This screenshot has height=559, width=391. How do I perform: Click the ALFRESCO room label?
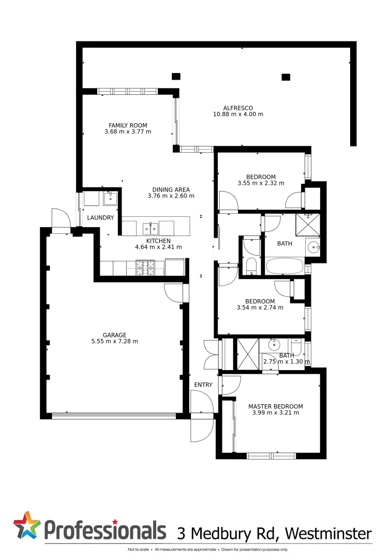(x=238, y=108)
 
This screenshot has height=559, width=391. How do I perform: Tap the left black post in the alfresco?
(x=176, y=77)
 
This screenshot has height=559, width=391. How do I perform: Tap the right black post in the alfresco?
(x=285, y=77)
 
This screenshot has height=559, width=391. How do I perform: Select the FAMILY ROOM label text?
(x=128, y=125)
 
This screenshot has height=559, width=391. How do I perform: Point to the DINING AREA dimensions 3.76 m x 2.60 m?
(x=171, y=196)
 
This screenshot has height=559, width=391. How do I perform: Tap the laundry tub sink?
(x=111, y=198)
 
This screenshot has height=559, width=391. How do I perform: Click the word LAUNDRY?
(x=100, y=218)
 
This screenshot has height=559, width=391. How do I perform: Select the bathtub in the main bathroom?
(x=284, y=267)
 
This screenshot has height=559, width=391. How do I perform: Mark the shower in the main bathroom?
(x=308, y=224)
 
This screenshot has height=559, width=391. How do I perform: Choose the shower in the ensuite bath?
(x=247, y=354)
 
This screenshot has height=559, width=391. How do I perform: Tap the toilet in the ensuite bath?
(x=296, y=344)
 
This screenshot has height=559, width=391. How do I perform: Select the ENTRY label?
(x=203, y=385)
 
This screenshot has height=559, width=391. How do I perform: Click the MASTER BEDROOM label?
(x=275, y=406)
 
